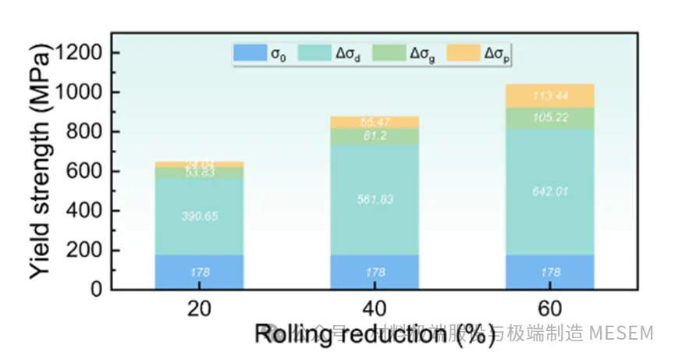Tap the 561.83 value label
click(375, 199)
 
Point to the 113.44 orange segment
click(550, 96)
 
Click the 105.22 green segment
click(550, 118)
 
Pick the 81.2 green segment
click(375, 136)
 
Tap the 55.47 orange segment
click(375, 122)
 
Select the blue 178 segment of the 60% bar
click(550, 273)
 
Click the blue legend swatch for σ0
click(249, 53)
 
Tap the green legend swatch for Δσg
click(388, 53)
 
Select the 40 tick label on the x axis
click(375, 308)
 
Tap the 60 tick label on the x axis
click(550, 308)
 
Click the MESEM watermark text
click(621, 334)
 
